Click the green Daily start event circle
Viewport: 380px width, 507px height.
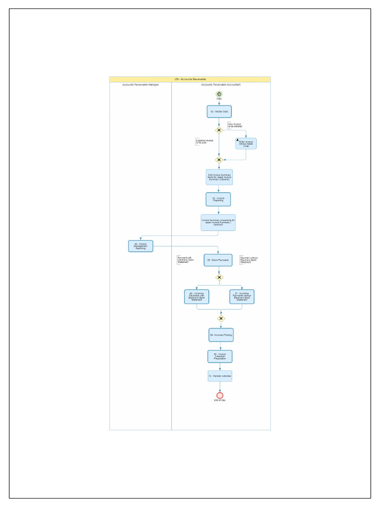coord(219,94)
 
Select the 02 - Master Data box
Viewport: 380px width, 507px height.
coord(219,112)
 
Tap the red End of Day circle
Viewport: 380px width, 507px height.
coord(220,395)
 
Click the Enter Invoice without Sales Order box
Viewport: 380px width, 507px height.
coord(246,144)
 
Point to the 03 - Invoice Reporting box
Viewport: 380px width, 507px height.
coord(218,200)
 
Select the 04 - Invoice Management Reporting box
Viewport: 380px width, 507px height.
coord(141,246)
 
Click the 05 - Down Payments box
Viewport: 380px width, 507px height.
coord(218,260)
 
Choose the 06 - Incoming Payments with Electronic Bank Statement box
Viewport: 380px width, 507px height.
coord(197,297)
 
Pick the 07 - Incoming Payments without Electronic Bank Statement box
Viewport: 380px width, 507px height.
coord(242,297)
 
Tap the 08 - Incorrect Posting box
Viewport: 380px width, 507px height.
coord(221,335)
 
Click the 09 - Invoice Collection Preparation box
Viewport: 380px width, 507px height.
coord(220,356)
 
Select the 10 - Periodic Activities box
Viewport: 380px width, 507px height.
coord(220,376)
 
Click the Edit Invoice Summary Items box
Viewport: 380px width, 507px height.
coord(219,177)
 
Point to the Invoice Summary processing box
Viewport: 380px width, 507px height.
coord(218,222)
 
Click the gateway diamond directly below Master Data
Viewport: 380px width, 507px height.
coord(219,130)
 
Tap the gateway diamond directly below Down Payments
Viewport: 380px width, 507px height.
coord(219,278)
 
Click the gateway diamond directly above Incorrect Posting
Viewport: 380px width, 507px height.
coord(221,318)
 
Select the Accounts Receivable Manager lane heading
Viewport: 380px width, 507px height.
coord(141,85)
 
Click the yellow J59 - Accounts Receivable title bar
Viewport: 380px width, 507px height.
coord(190,79)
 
